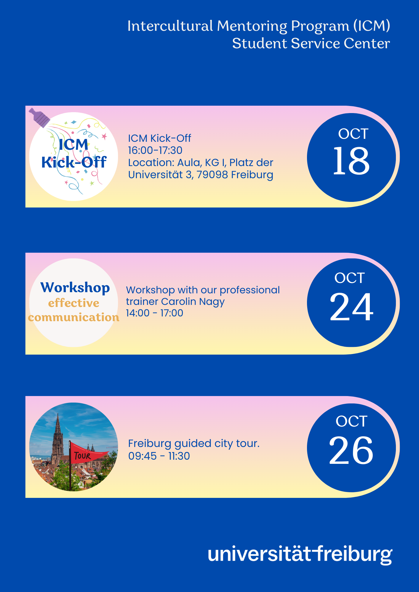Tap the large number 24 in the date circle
click(351, 307)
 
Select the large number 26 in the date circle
click(351, 450)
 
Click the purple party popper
click(39, 117)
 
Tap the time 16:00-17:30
click(155, 150)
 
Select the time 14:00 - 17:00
click(154, 313)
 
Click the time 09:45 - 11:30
click(159, 456)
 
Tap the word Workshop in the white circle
click(75, 288)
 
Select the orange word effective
click(74, 303)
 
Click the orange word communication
click(74, 317)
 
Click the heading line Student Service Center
click(311, 44)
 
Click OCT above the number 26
click(351, 421)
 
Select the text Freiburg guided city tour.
click(194, 444)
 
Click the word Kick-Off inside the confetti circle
click(74, 162)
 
